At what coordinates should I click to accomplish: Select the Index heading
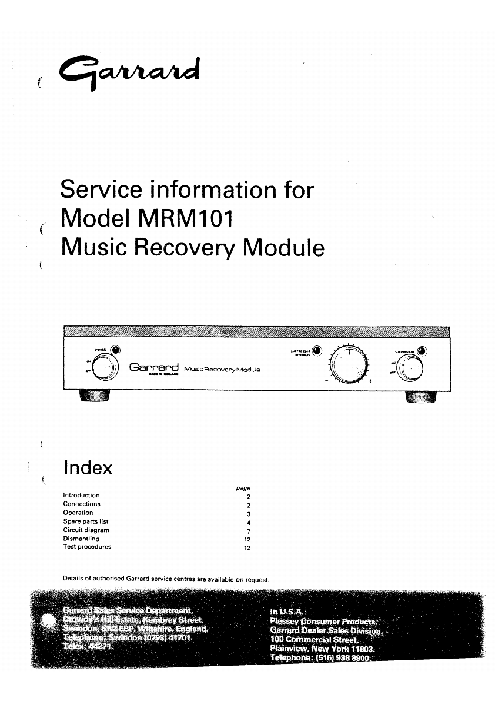tap(87, 468)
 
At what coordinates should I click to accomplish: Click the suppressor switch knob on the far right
tap(409, 370)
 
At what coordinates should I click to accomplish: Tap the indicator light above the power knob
tap(116, 350)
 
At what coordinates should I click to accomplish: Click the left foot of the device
tap(93, 397)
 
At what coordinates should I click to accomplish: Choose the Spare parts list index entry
tap(86, 521)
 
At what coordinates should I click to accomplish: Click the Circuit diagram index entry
tap(86, 530)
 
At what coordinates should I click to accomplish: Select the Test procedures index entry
tap(87, 547)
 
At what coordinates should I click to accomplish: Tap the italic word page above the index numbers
tap(243, 488)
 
